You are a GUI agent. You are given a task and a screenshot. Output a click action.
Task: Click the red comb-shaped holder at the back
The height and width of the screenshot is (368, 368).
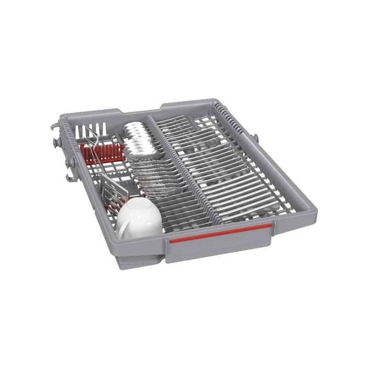coord(102,152)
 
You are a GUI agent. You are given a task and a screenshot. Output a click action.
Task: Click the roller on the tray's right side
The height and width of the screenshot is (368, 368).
coord(256,138)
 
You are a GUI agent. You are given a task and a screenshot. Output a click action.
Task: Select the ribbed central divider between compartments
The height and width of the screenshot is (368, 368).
coord(184,166)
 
